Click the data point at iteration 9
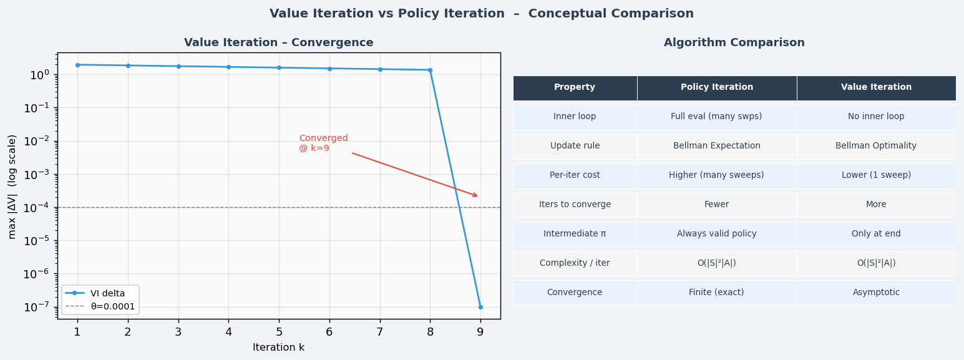(x=480, y=307)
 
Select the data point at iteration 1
(x=77, y=65)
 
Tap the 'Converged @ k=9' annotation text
(x=323, y=143)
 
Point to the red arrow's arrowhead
(x=476, y=196)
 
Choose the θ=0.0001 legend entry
(x=112, y=306)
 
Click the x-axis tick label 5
(x=279, y=332)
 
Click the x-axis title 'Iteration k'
(x=278, y=348)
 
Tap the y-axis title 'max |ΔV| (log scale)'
(x=12, y=186)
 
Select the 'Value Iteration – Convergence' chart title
(x=278, y=43)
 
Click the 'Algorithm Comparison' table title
(x=734, y=43)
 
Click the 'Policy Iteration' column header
(x=716, y=88)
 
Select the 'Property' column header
(x=575, y=88)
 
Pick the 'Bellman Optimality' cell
(x=875, y=146)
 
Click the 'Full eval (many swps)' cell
(x=716, y=117)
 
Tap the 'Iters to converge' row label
(x=575, y=205)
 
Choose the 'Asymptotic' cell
(x=875, y=293)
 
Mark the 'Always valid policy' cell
(x=716, y=234)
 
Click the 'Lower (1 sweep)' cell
(x=875, y=175)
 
